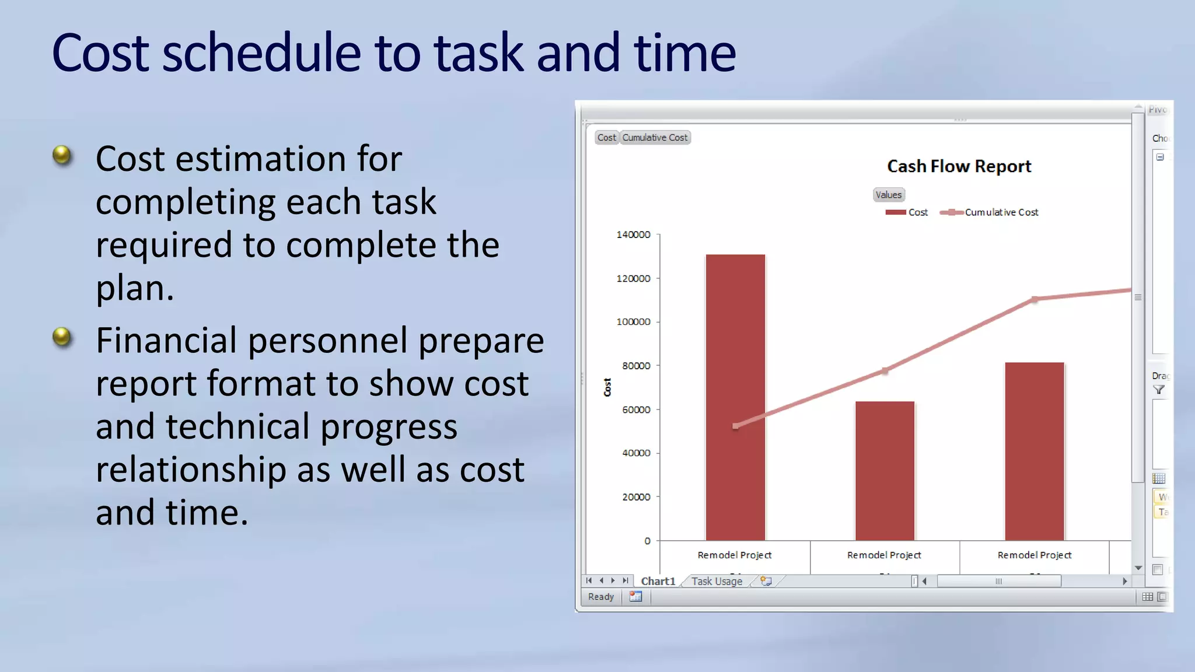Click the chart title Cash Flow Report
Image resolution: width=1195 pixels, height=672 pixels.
959,166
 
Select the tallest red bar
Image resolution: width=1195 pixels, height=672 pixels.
735,397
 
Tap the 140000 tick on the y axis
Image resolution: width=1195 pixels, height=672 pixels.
633,235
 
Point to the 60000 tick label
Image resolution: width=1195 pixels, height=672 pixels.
635,409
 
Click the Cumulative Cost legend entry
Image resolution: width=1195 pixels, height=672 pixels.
1001,212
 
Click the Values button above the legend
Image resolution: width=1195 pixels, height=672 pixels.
888,195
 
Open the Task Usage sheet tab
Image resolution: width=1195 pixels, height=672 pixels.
717,581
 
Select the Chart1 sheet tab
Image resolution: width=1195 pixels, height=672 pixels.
658,581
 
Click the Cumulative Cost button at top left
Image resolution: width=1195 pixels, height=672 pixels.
655,138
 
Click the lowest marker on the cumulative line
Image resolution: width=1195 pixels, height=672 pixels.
735,426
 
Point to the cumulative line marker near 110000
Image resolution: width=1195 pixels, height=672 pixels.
1035,299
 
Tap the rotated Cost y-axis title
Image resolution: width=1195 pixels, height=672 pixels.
607,387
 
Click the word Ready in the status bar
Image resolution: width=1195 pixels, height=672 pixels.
600,597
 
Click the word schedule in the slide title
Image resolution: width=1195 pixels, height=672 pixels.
261,53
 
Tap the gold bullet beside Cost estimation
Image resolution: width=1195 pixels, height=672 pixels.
62,155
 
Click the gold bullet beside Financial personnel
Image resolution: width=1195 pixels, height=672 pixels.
62,337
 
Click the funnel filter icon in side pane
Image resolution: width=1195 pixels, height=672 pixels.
1159,390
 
